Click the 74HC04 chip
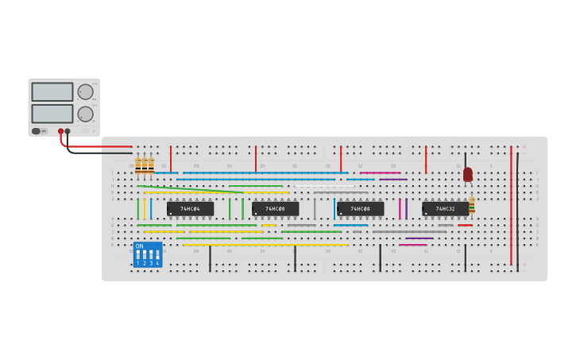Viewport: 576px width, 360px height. pyautogui.click(x=190, y=209)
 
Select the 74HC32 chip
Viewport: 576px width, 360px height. pyautogui.click(x=445, y=209)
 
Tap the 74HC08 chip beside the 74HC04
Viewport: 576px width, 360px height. pyautogui.click(x=275, y=209)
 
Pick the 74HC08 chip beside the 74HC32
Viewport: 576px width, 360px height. pyautogui.click(x=360, y=209)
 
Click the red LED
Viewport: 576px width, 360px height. pyautogui.click(x=468, y=174)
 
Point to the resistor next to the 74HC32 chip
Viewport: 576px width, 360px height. pyautogui.click(x=472, y=206)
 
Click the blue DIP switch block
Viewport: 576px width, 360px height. pyautogui.click(x=148, y=255)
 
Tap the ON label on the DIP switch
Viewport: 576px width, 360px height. pyautogui.click(x=140, y=246)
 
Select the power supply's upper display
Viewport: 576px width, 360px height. pyautogui.click(x=52, y=91)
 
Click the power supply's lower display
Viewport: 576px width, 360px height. pyautogui.click(x=52, y=114)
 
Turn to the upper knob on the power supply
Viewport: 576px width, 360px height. pyautogui.click(x=85, y=91)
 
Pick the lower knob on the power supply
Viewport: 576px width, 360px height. pyautogui.click(x=85, y=114)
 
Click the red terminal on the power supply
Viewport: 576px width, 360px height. pyautogui.click(x=60, y=131)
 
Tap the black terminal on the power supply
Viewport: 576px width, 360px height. pyautogui.click(x=68, y=131)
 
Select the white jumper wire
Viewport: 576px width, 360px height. pyautogui.click(x=324, y=186)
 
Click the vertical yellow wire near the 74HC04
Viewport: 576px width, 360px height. pyautogui.click(x=145, y=209)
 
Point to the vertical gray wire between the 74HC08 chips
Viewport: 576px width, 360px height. pyautogui.click(x=315, y=209)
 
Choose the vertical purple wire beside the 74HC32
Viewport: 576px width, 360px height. pyautogui.click(x=406, y=209)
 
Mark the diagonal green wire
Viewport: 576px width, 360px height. pyautogui.click(x=191, y=189)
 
